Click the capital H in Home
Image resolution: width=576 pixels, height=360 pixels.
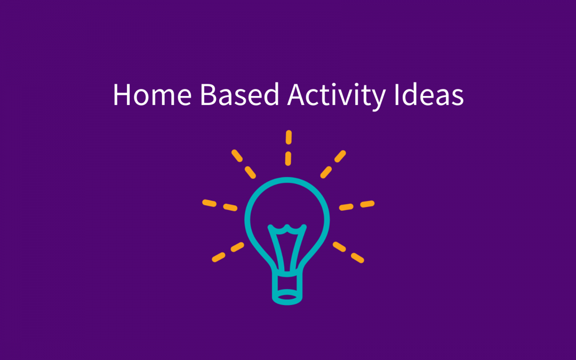(x=122, y=95)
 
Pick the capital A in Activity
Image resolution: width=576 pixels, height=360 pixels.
(x=297, y=95)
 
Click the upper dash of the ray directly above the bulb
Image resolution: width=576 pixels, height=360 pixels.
(x=289, y=138)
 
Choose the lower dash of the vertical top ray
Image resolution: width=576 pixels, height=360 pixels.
(x=289, y=158)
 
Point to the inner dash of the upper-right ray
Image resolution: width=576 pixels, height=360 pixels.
(x=326, y=172)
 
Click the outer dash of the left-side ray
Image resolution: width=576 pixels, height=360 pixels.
(x=209, y=203)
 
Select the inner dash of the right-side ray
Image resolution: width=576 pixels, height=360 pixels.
(x=347, y=206)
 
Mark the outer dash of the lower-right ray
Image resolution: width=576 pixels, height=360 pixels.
(x=357, y=257)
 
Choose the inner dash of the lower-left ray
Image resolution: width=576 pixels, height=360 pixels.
(x=237, y=246)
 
